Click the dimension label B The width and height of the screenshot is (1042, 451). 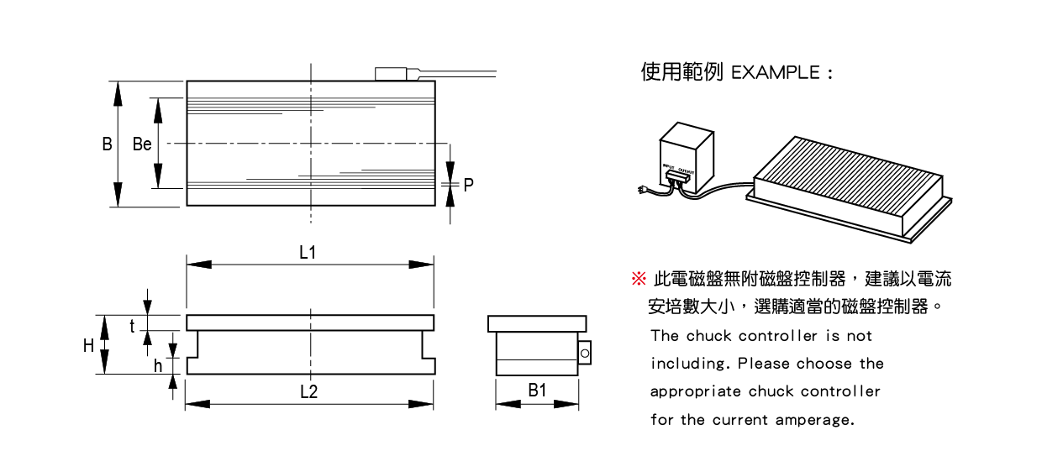tap(107, 144)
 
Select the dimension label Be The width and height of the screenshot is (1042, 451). tap(142, 144)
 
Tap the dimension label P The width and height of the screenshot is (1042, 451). tap(468, 185)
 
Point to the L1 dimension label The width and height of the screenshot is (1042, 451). tap(308, 253)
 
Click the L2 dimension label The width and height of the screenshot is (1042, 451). tap(309, 392)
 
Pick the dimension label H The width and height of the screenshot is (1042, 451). tap(88, 346)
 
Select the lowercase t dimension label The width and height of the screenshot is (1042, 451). tap(133, 327)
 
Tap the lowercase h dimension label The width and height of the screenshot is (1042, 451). tap(158, 366)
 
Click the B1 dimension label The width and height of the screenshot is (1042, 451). tap(537, 391)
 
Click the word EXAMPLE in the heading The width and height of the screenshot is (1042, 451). tap(776, 73)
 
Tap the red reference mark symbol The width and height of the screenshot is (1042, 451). tap(639, 279)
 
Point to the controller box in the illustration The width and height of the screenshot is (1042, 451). tap(687, 157)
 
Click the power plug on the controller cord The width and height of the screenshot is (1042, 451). tap(642, 189)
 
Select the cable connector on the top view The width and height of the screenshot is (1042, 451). tap(391, 74)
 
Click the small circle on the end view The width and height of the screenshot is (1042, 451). tap(585, 354)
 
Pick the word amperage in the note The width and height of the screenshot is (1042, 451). tap(815, 420)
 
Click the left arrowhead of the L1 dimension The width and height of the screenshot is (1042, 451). tap(199, 265)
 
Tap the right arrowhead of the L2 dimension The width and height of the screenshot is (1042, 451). tap(420, 404)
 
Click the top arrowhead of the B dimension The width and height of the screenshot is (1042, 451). tap(118, 93)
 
